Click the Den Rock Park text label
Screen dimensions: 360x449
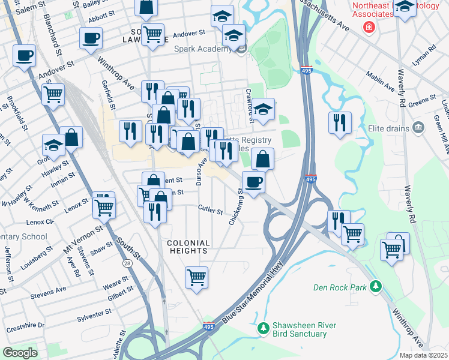340,287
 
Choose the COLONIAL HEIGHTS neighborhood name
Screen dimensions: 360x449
188,248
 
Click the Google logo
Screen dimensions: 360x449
20,353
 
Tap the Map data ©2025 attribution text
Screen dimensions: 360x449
423,355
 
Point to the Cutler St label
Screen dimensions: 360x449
211,211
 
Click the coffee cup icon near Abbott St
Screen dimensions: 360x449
91,38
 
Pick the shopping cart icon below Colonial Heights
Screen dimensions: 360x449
196,277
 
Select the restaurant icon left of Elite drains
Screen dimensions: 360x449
340,122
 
